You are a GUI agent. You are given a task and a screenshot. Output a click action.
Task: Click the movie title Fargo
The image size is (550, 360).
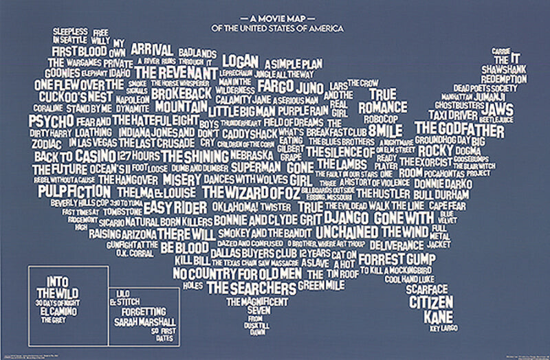(x=276, y=87)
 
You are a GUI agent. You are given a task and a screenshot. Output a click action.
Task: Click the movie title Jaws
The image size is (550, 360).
(x=498, y=110)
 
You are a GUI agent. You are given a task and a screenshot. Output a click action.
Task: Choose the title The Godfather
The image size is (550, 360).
(x=454, y=128)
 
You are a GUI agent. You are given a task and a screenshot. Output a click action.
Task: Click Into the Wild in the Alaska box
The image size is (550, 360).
(x=58, y=288)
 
